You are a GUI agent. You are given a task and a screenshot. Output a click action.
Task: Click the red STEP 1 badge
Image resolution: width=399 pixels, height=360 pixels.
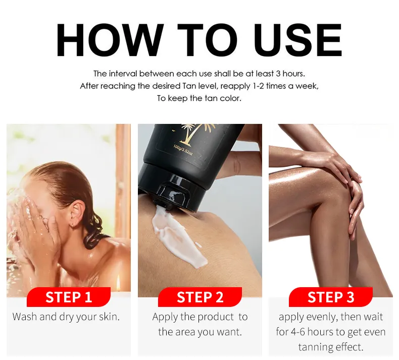(69, 297)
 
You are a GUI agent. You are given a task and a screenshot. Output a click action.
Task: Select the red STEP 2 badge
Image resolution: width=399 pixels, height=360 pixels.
(200, 297)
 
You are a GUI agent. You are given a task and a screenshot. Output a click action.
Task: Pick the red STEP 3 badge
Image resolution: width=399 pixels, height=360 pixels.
(331, 297)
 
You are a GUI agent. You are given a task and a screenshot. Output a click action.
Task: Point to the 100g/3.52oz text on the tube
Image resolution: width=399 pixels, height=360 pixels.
(183, 150)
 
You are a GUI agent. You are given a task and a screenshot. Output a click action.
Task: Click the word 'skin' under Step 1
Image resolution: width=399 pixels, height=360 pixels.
(109, 317)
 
